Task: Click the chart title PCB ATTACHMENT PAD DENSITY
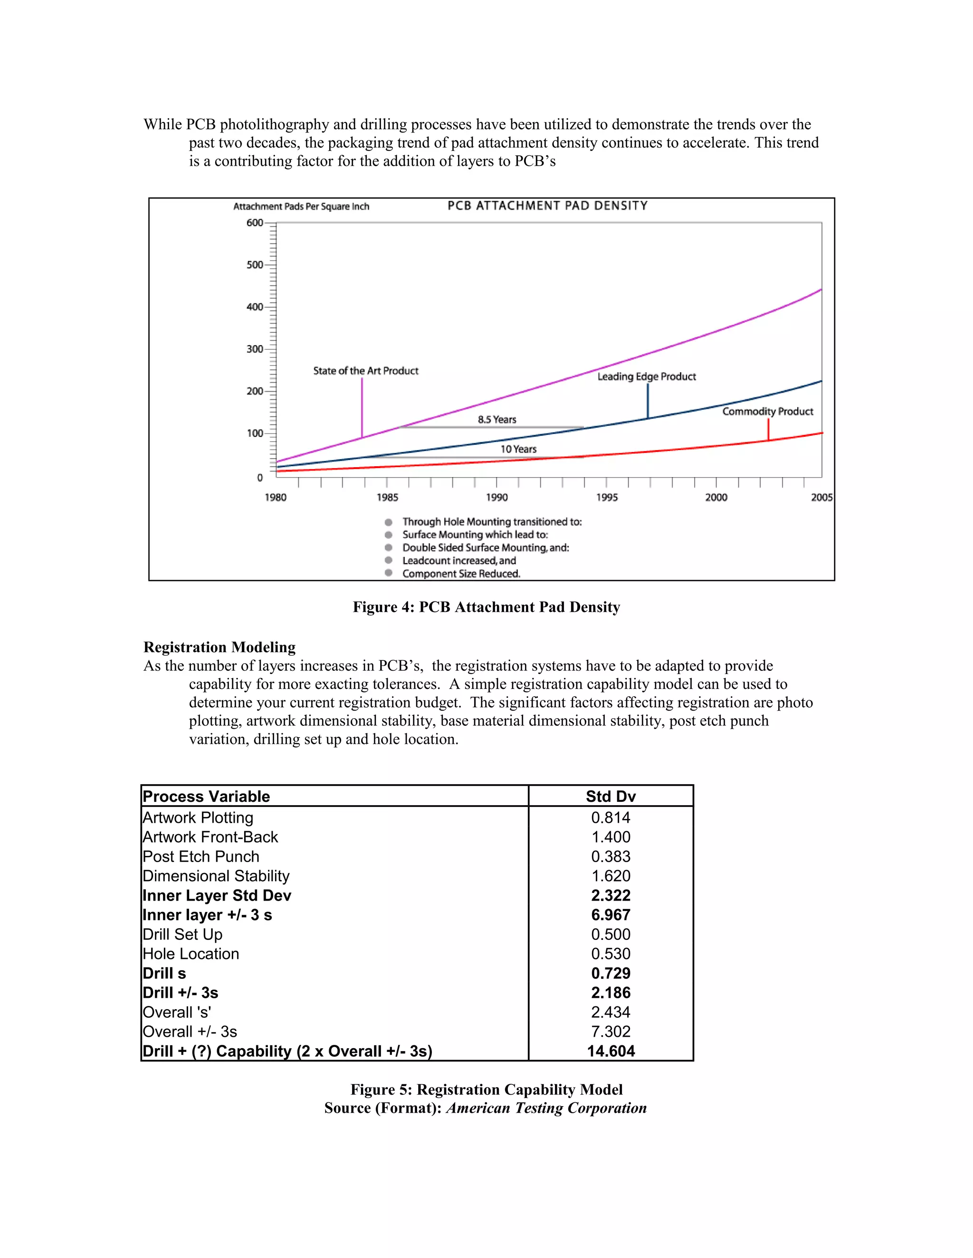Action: pos(547,206)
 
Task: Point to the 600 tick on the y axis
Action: pos(255,223)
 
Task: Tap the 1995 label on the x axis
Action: pos(606,497)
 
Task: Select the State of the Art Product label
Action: pos(365,371)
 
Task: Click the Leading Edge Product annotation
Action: pos(646,377)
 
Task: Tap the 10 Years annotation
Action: pos(518,449)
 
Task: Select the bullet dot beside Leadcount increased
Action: pos(389,560)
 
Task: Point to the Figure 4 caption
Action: pos(486,607)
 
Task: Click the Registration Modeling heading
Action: pos(219,648)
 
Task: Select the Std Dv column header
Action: pos(611,796)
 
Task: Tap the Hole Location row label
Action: pos(191,954)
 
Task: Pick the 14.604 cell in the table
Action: pos(611,1051)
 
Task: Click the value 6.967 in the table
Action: pos(611,915)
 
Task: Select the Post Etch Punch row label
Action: pos(200,856)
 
